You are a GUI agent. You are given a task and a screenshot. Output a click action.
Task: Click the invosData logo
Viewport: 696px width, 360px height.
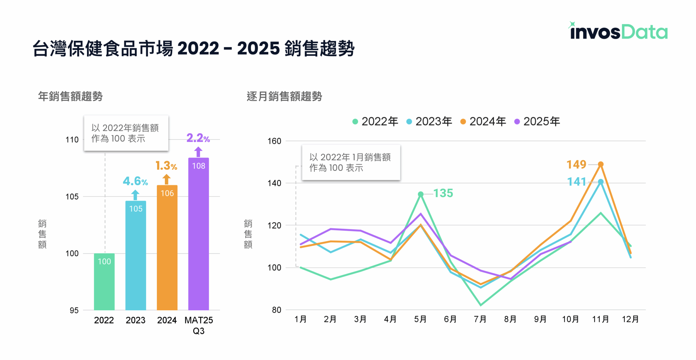[618, 31]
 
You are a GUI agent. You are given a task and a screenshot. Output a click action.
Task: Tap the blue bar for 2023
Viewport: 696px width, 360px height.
[135, 255]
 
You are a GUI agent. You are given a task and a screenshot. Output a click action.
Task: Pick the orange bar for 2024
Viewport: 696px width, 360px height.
[167, 247]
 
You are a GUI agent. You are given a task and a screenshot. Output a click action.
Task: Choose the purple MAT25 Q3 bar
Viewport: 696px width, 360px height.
[198, 234]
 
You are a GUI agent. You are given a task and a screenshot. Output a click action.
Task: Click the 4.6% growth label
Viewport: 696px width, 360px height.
[135, 181]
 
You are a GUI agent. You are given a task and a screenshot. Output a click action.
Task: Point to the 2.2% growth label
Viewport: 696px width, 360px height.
[198, 138]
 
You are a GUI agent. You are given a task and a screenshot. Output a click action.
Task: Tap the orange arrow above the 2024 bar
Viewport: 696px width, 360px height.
[166, 179]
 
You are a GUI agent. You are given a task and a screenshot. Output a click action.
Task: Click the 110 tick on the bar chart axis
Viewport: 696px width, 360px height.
[72, 140]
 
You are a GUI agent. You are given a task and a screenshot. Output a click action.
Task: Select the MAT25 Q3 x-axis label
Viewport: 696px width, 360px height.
[198, 325]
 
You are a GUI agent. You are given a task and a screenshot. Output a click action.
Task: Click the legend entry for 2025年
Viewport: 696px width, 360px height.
[537, 121]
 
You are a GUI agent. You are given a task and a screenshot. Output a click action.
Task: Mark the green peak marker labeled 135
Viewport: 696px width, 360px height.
[420, 194]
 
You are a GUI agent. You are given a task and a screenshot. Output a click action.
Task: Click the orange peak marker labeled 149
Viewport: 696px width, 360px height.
[601, 164]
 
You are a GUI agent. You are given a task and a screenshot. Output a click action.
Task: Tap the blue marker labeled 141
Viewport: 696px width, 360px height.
[601, 181]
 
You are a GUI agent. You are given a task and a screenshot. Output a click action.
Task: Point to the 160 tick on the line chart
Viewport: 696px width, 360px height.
[274, 141]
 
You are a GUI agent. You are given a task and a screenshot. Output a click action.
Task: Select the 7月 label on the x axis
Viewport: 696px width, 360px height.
[480, 319]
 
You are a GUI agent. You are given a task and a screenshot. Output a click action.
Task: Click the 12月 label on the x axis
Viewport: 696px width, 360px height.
[630, 319]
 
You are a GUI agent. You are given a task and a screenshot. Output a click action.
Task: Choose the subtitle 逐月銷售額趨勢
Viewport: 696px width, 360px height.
[284, 96]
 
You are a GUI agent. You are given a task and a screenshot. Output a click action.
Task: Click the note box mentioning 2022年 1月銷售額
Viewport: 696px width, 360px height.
[351, 162]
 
